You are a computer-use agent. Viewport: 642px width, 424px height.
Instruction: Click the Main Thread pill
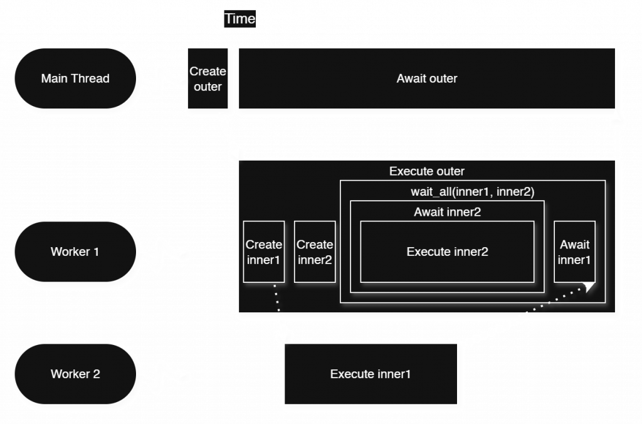click(75, 79)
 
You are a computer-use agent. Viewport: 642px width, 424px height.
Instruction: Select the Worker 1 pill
click(75, 252)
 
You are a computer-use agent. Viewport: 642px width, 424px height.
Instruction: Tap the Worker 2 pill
click(75, 374)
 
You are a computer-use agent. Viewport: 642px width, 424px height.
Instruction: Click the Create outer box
click(208, 80)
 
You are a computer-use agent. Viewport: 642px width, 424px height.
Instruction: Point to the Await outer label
click(426, 79)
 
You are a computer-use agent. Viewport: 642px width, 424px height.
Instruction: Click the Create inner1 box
click(264, 252)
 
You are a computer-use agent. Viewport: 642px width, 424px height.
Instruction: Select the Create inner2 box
click(315, 252)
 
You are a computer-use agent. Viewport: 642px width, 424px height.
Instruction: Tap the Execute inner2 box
click(447, 252)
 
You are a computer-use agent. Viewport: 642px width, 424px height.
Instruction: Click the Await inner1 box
click(574, 252)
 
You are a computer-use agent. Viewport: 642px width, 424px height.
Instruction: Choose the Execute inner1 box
click(370, 374)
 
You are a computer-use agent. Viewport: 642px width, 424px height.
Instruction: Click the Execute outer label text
click(426, 171)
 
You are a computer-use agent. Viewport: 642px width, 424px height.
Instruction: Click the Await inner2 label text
click(447, 212)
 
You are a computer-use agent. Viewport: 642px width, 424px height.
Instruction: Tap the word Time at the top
click(240, 19)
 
